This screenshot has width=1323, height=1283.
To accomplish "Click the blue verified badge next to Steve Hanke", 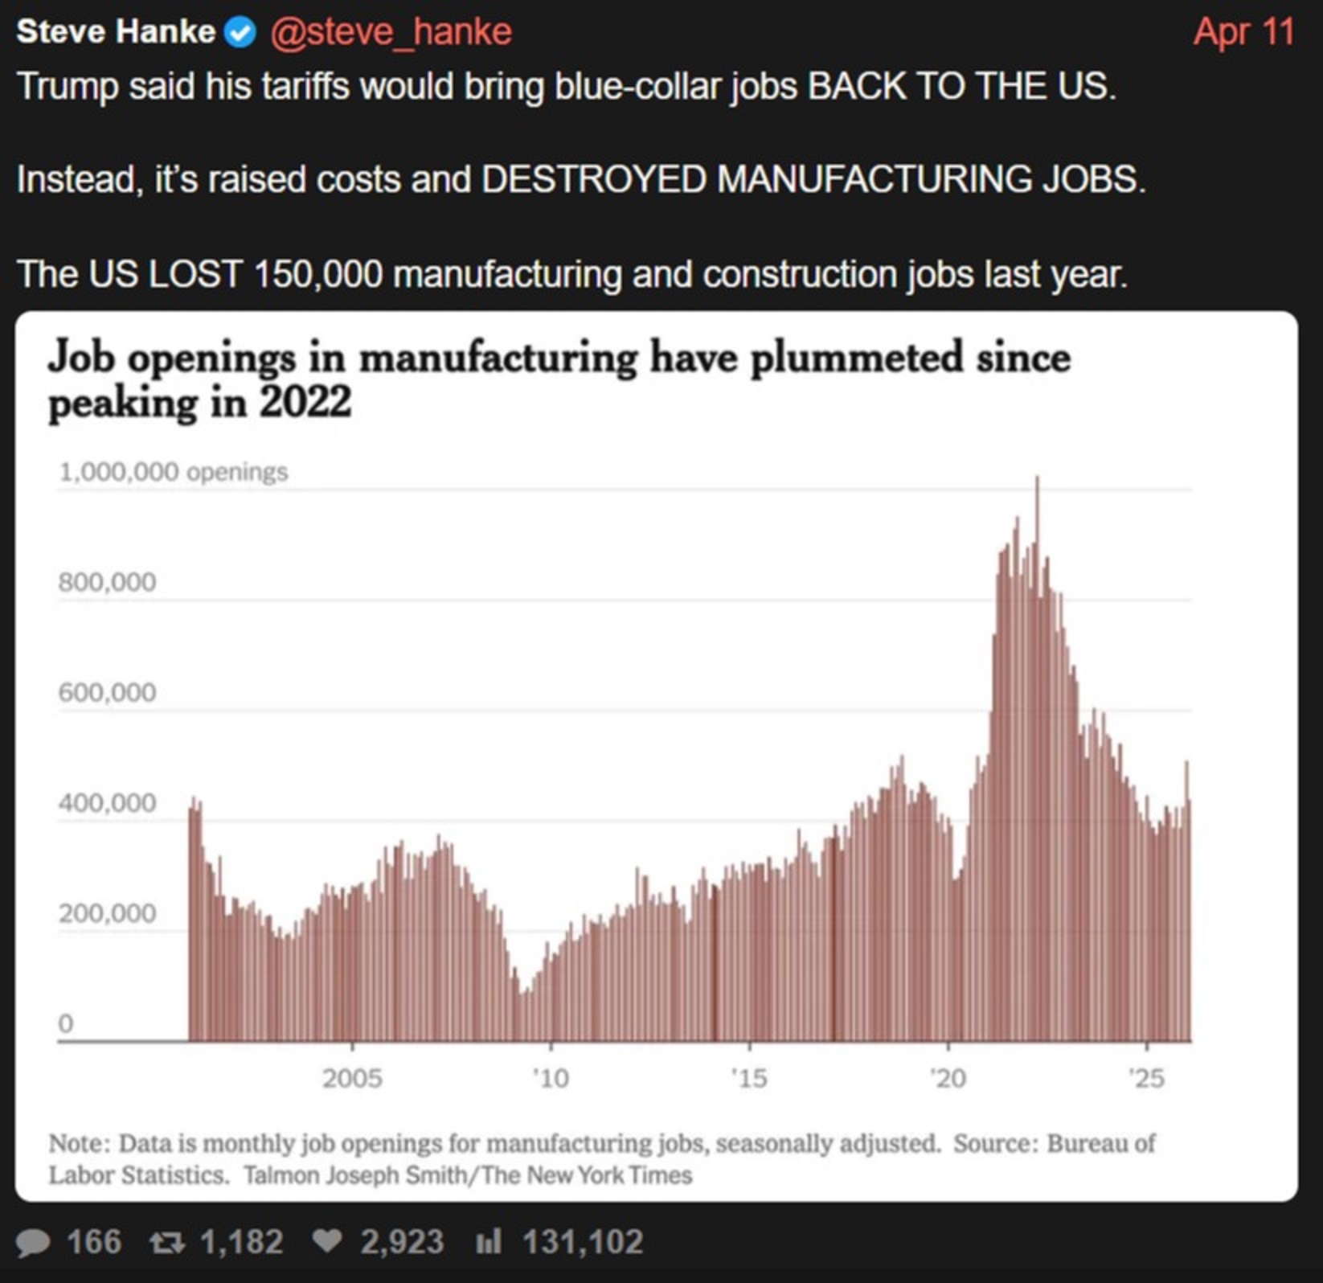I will (240, 32).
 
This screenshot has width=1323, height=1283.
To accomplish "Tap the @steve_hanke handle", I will (391, 32).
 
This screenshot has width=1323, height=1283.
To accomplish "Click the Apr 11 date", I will (1243, 33).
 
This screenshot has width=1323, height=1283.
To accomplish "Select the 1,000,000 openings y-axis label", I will (173, 472).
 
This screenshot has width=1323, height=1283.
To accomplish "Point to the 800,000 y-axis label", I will (107, 582).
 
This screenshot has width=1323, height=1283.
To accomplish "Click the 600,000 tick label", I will (107, 692).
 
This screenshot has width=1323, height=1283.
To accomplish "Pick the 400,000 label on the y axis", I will (107, 803).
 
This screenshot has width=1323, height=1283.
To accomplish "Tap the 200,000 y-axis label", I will (107, 913).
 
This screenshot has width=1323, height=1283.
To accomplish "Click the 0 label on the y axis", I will (65, 1023).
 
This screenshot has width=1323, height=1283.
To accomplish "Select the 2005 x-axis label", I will (352, 1078).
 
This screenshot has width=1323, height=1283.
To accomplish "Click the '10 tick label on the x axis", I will (551, 1078).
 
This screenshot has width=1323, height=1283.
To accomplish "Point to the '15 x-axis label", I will (749, 1078).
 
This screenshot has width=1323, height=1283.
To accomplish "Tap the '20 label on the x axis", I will (948, 1078).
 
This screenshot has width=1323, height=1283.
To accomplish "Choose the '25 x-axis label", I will (1146, 1078).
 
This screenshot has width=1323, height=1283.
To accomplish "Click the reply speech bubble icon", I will (33, 1243).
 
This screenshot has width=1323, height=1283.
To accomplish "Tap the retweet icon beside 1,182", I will (167, 1243).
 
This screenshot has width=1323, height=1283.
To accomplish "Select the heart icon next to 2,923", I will (326, 1242).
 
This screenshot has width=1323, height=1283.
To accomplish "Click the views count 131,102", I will (583, 1242).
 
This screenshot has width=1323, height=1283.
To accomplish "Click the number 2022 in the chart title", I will (305, 401).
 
